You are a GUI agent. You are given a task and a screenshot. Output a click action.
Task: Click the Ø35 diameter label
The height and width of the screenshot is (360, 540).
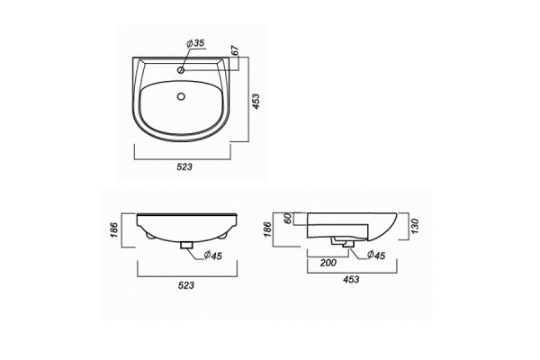(x=195, y=43)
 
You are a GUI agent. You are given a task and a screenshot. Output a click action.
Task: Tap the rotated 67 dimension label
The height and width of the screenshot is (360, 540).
(x=235, y=50)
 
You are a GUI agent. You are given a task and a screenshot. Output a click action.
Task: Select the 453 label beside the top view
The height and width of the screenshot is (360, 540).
(x=256, y=102)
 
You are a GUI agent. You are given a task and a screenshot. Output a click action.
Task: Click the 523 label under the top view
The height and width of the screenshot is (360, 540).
(x=184, y=167)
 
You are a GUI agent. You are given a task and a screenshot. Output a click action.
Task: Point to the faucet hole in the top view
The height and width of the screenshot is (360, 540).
(x=181, y=70)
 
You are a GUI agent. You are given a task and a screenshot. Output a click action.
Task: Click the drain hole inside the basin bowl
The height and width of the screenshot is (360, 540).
(x=181, y=96)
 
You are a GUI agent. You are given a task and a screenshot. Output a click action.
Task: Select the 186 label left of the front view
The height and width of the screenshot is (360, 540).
(x=114, y=229)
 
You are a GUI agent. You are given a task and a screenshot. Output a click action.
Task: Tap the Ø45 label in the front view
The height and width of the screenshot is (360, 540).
(x=212, y=256)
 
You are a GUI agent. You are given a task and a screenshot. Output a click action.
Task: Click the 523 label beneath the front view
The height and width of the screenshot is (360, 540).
(x=186, y=285)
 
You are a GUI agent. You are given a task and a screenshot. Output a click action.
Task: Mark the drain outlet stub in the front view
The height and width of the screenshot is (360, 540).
(x=186, y=245)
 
